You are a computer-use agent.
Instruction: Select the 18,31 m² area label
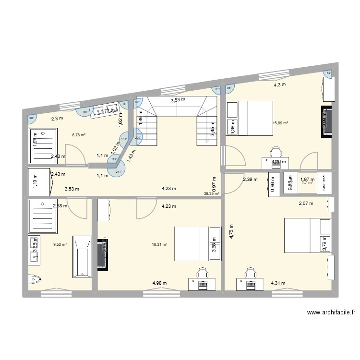pyautogui.click(x=160, y=244)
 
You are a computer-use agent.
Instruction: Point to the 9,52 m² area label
pyautogui.click(x=60, y=243)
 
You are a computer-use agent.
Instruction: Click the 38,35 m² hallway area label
pyautogui.click(x=211, y=194)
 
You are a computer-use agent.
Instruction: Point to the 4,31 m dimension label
pyautogui.click(x=278, y=283)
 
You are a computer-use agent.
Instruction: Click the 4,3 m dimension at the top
pyautogui.click(x=279, y=84)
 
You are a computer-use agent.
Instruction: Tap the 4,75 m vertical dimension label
pyautogui.click(x=231, y=231)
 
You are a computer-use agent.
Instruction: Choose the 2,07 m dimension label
pyautogui.click(x=306, y=204)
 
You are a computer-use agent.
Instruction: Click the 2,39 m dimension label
pyautogui.click(x=250, y=180)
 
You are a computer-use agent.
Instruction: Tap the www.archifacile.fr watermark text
pyautogui.click(x=331, y=312)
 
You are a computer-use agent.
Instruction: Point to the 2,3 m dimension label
pyautogui.click(x=57, y=118)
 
